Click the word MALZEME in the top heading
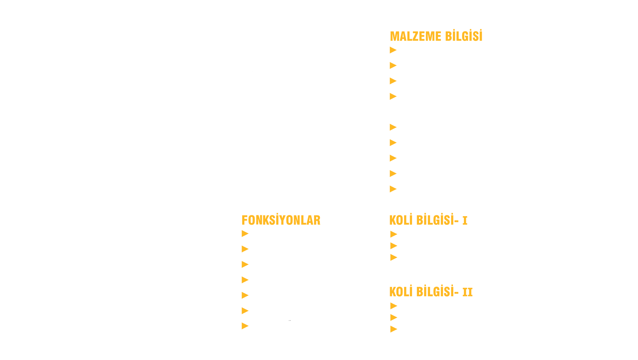click(x=416, y=36)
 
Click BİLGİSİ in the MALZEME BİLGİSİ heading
click(x=464, y=36)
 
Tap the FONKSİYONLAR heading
click(x=281, y=220)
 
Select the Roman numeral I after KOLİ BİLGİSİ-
click(x=465, y=221)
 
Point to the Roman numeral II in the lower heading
click(x=468, y=292)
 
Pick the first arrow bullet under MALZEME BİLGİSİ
click(x=393, y=50)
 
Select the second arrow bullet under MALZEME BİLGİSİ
click(x=393, y=65)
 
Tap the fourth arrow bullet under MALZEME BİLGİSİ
click(x=393, y=96)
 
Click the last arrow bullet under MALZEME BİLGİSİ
click(x=393, y=189)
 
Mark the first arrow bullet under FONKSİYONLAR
click(x=245, y=234)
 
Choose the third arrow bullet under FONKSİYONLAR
click(x=245, y=264)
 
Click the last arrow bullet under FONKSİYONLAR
click(x=245, y=326)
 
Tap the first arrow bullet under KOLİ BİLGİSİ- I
click(x=394, y=234)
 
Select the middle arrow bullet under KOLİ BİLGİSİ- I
click(x=394, y=246)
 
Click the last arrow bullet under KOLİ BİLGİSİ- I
click(x=394, y=257)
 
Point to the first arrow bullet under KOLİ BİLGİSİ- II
click(x=394, y=306)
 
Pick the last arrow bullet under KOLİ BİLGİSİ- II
click(x=394, y=329)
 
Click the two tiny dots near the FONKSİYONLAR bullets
click(x=290, y=320)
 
